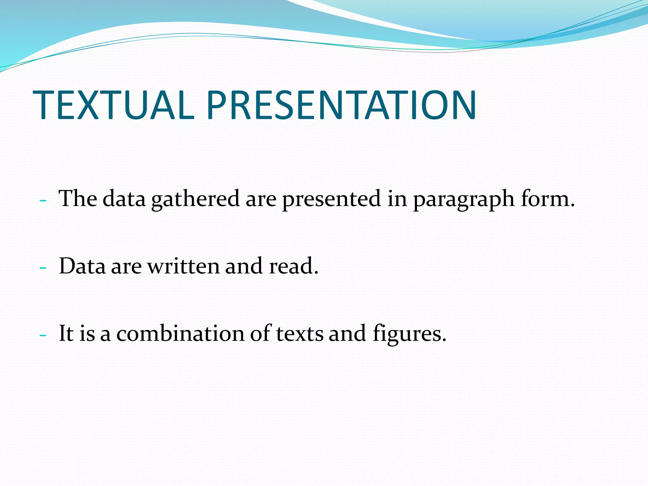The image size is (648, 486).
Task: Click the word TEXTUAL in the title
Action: tap(113, 105)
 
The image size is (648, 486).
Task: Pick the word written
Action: tap(184, 266)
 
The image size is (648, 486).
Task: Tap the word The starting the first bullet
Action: tap(78, 199)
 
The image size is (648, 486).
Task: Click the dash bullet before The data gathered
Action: tap(43, 201)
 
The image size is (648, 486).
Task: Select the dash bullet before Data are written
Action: tap(43, 268)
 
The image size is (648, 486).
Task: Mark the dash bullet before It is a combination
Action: tap(43, 335)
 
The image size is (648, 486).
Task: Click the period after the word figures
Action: tap(444, 340)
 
